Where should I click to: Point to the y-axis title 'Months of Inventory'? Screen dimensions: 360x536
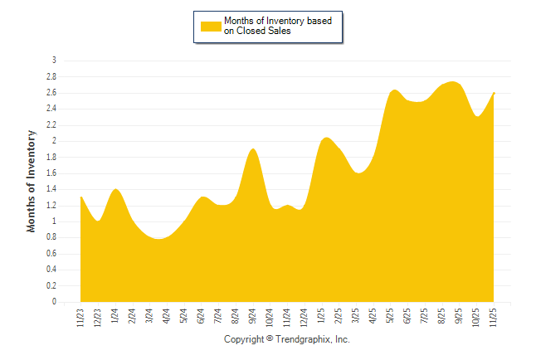click(32, 180)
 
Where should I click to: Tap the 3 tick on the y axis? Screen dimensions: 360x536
click(54, 61)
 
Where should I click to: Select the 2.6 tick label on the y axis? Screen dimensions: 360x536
click(51, 93)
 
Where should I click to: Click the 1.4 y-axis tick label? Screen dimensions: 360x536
click(51, 189)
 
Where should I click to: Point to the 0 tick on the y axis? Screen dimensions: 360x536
click(54, 302)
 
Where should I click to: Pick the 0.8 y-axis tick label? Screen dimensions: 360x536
click(51, 237)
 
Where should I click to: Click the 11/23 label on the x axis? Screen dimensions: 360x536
click(81, 317)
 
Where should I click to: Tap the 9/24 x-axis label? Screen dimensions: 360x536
click(253, 317)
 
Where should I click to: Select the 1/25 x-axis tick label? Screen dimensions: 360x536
click(322, 317)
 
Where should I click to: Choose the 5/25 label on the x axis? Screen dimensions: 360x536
click(391, 317)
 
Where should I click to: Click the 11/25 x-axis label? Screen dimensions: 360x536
click(495, 317)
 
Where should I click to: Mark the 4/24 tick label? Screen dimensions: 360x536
click(167, 317)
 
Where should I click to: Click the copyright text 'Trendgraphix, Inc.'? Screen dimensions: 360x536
click(313, 340)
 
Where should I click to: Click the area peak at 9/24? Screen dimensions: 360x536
click(253, 149)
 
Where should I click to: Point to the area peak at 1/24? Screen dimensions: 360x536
click(116, 190)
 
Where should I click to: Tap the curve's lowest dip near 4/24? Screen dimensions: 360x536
click(161, 239)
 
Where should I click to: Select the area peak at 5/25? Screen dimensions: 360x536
click(394, 90)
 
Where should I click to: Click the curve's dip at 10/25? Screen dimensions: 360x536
click(478, 116)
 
